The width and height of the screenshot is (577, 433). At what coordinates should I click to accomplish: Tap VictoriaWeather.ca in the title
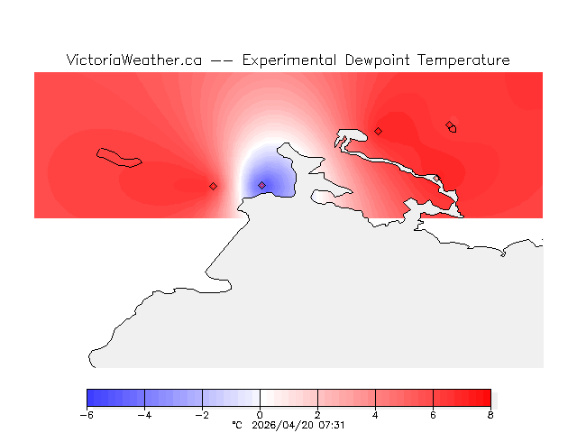(133, 60)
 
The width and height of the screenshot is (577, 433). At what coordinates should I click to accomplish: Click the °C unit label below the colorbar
(237, 424)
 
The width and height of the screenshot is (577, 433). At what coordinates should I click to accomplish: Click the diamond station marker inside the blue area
(262, 185)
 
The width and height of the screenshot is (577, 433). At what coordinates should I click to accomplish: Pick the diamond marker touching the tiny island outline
(449, 125)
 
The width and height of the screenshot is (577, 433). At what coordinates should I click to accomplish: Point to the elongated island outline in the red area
(119, 157)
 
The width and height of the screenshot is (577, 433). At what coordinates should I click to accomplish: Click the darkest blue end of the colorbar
(90, 398)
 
